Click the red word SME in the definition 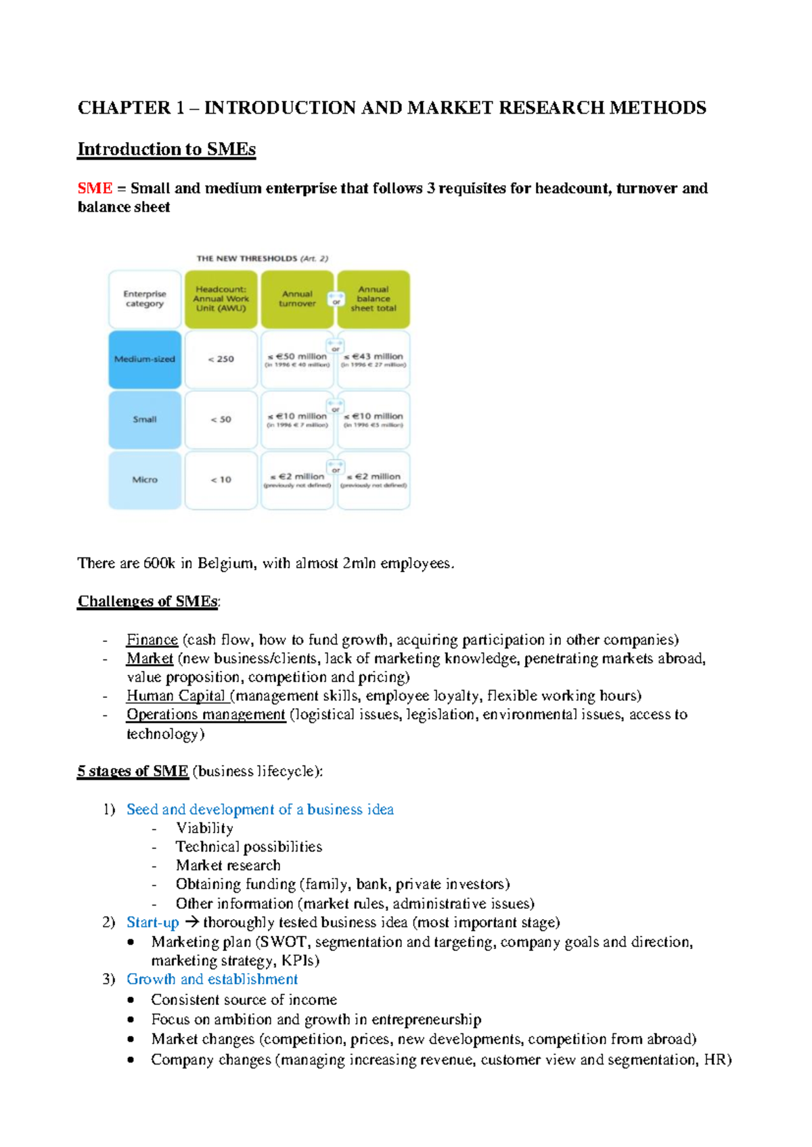pyautogui.click(x=95, y=188)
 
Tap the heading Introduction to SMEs pyautogui.click(x=166, y=149)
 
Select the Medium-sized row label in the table pyautogui.click(x=145, y=359)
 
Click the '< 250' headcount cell pyautogui.click(x=221, y=359)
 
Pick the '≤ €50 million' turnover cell pyautogui.click(x=297, y=359)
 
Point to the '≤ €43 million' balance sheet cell pyautogui.click(x=374, y=359)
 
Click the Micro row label pyautogui.click(x=145, y=479)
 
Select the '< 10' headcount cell pyautogui.click(x=221, y=479)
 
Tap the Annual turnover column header pyautogui.click(x=297, y=299)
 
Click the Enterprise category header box pyautogui.click(x=145, y=299)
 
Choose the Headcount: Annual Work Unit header pyautogui.click(x=221, y=299)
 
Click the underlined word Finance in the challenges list pyautogui.click(x=152, y=640)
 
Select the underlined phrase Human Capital pyautogui.click(x=176, y=696)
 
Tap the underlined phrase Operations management pyautogui.click(x=206, y=715)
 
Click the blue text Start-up pyautogui.click(x=152, y=922)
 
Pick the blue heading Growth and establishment pyautogui.click(x=212, y=979)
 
